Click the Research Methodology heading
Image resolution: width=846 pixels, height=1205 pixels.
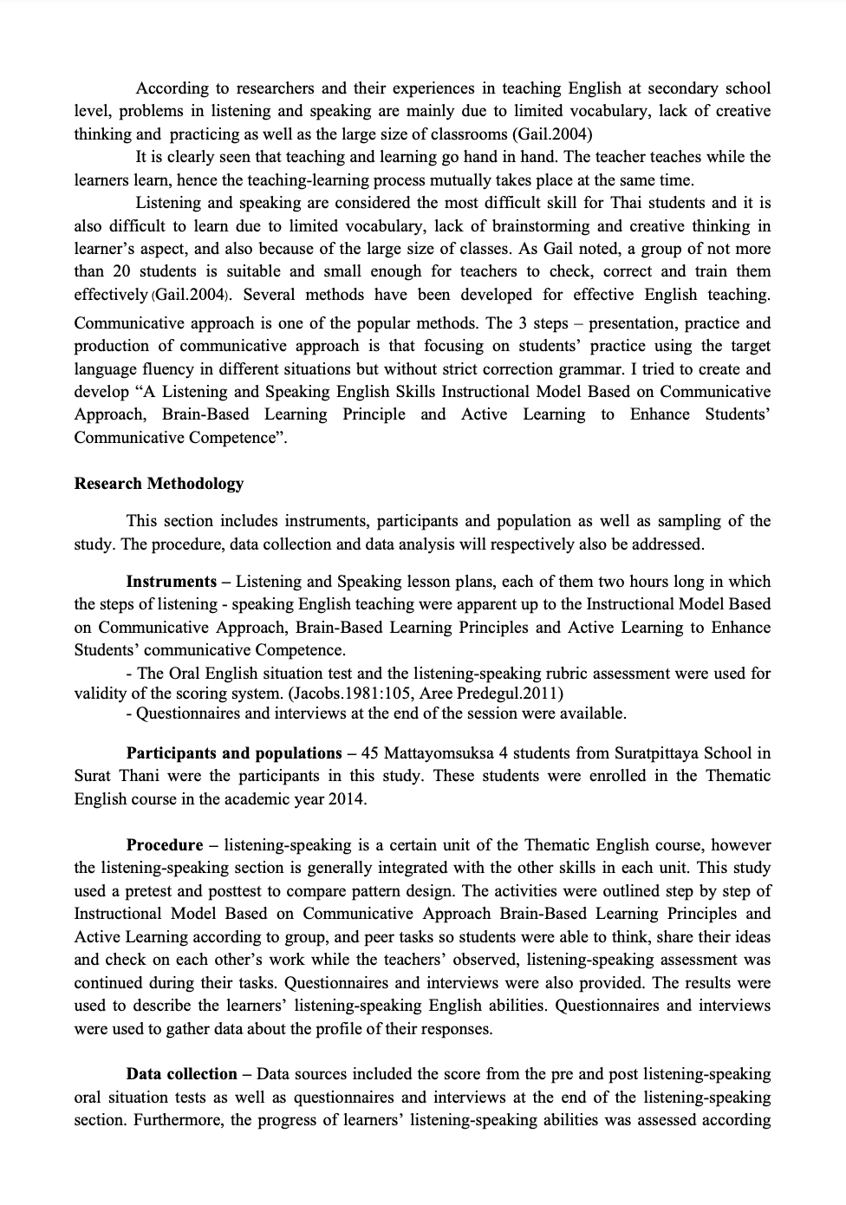pyautogui.click(x=159, y=484)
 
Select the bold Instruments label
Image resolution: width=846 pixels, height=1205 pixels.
pyautogui.click(x=172, y=582)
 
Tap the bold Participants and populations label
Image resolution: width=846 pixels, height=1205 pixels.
pyautogui.click(x=234, y=753)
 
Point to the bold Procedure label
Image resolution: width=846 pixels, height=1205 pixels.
pyautogui.click(x=165, y=845)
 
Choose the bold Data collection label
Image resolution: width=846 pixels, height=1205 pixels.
pyautogui.click(x=182, y=1074)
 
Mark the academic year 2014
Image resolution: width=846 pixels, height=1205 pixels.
pyautogui.click(x=347, y=799)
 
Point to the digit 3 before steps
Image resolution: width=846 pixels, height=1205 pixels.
pyautogui.click(x=523, y=323)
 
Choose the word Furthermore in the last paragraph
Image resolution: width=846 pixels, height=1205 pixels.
pyautogui.click(x=179, y=1120)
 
